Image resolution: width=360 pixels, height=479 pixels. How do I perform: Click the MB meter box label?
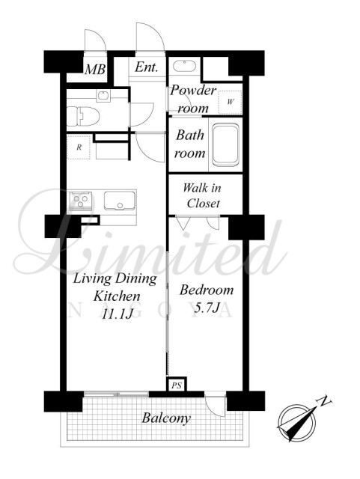pos(95,69)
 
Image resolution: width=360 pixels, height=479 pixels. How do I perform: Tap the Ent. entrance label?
pos(147,67)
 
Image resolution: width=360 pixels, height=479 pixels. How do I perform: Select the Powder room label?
pos(193,100)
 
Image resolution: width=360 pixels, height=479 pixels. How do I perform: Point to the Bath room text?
pos(190,144)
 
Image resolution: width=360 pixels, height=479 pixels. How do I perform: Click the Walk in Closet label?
pos(202,195)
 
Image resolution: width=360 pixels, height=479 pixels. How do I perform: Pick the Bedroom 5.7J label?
pos(207,299)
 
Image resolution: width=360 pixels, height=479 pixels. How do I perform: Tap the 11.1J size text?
pos(118,314)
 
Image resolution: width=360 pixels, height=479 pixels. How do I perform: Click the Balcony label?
pos(166,418)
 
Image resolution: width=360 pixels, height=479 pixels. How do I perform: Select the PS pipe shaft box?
pos(177,385)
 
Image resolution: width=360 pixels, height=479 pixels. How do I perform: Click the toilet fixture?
pos(83,116)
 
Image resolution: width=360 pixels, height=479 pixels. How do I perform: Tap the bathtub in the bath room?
pos(225,144)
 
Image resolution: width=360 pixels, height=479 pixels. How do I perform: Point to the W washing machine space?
pos(230,102)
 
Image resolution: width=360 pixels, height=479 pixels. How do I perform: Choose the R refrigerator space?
pos(79,147)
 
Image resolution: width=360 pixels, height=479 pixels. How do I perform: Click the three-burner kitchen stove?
pos(81,201)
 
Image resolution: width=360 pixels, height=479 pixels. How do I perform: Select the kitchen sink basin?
pos(120,201)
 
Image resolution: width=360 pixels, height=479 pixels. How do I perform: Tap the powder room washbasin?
pos(184,67)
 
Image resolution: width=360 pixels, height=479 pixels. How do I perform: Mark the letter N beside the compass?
pos(325,401)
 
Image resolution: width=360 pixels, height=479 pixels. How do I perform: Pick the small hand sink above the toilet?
pos(103,96)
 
